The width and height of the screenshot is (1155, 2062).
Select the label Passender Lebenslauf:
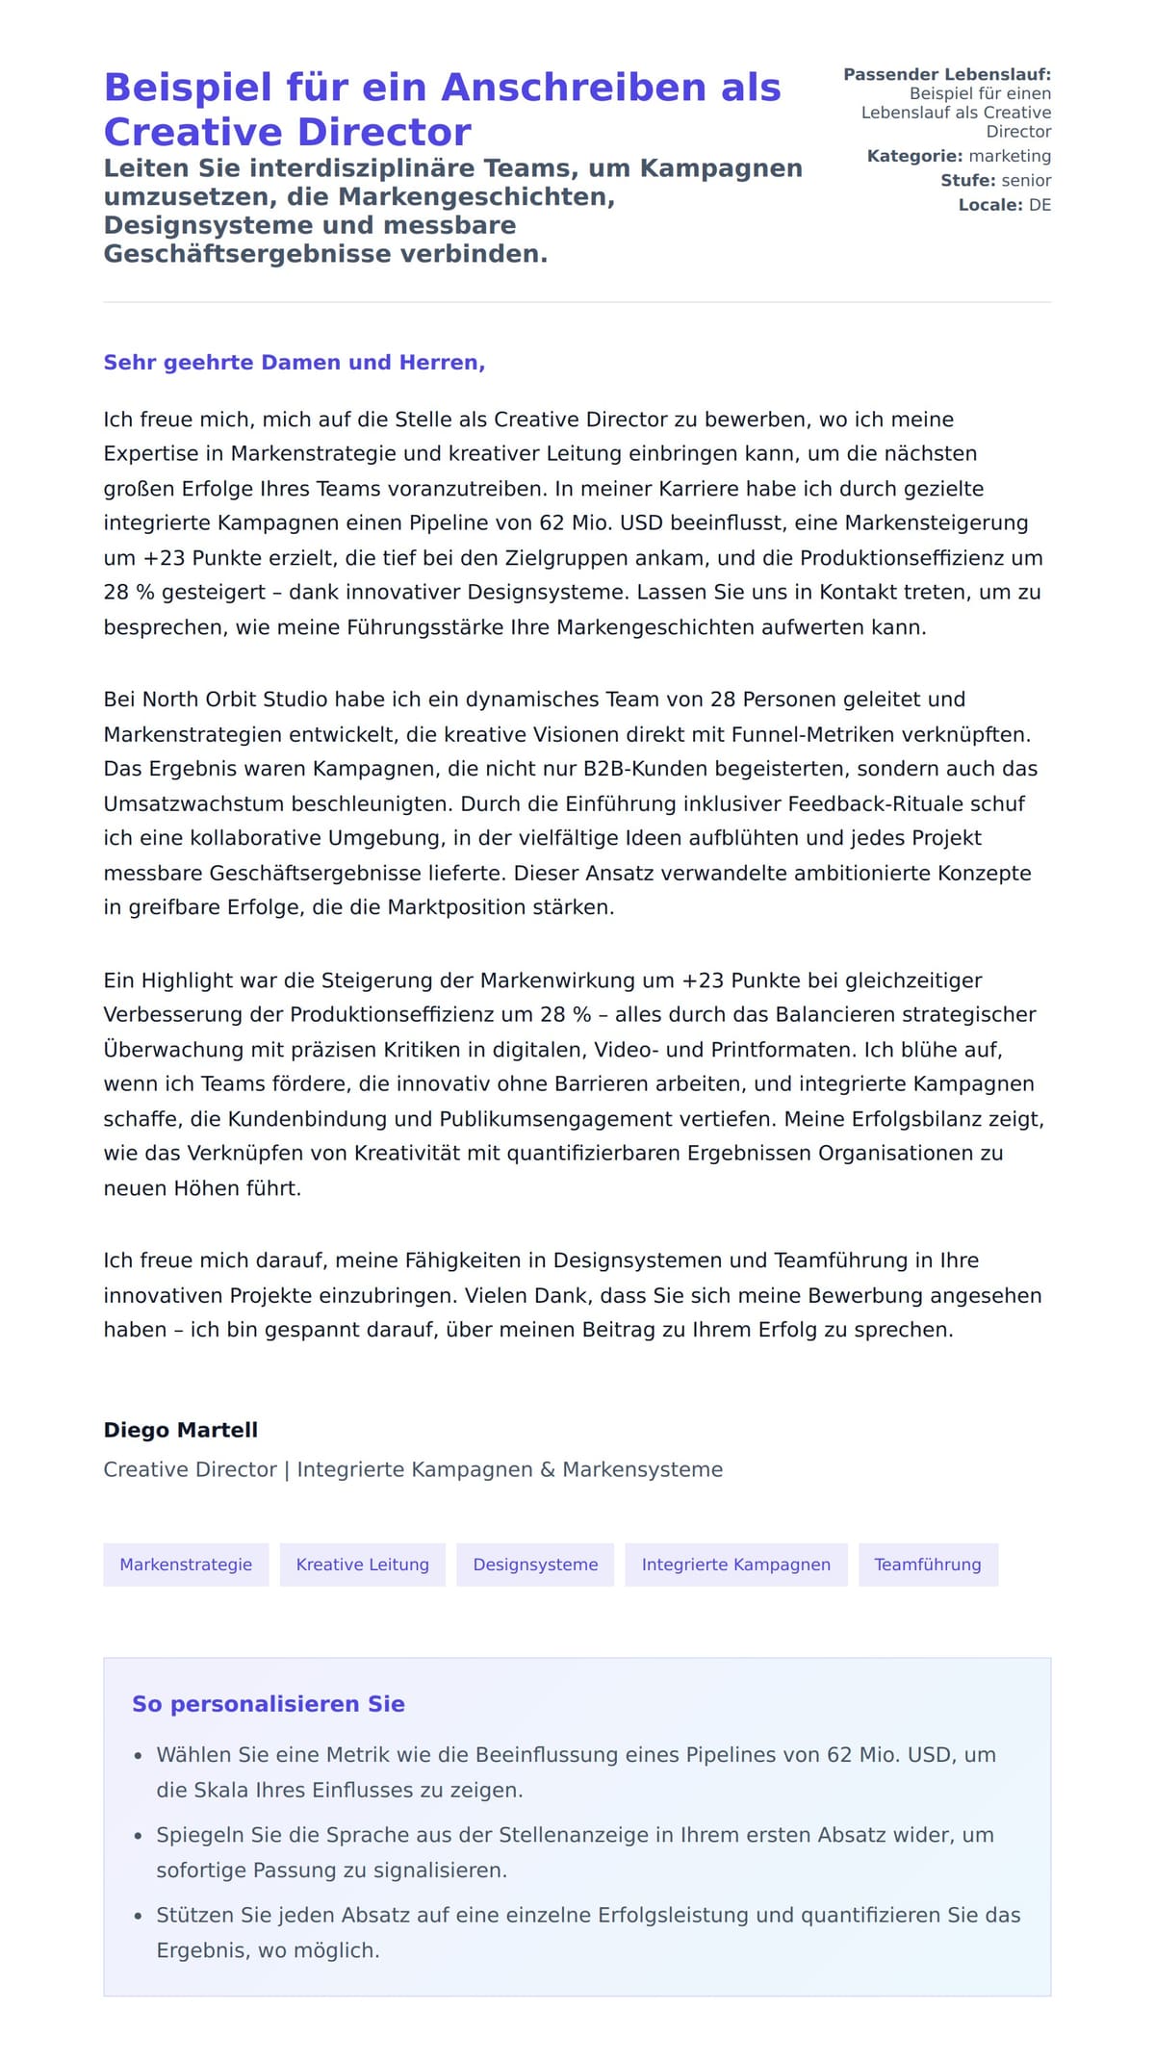click(947, 74)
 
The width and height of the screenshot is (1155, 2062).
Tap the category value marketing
click(1010, 156)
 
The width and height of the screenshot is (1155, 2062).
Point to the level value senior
click(1026, 180)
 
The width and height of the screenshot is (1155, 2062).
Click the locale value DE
click(1039, 205)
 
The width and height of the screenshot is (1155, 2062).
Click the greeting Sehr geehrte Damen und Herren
click(294, 363)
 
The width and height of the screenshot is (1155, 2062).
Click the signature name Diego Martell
click(181, 1430)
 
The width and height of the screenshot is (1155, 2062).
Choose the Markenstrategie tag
click(186, 1565)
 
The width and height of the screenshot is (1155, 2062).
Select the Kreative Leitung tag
click(363, 1565)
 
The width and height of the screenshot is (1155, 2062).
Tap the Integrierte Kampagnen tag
click(736, 1565)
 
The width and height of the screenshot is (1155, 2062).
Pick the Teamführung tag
click(928, 1565)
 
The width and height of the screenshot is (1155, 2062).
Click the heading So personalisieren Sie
click(269, 1704)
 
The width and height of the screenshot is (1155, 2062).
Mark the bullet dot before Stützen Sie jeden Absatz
click(139, 1916)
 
